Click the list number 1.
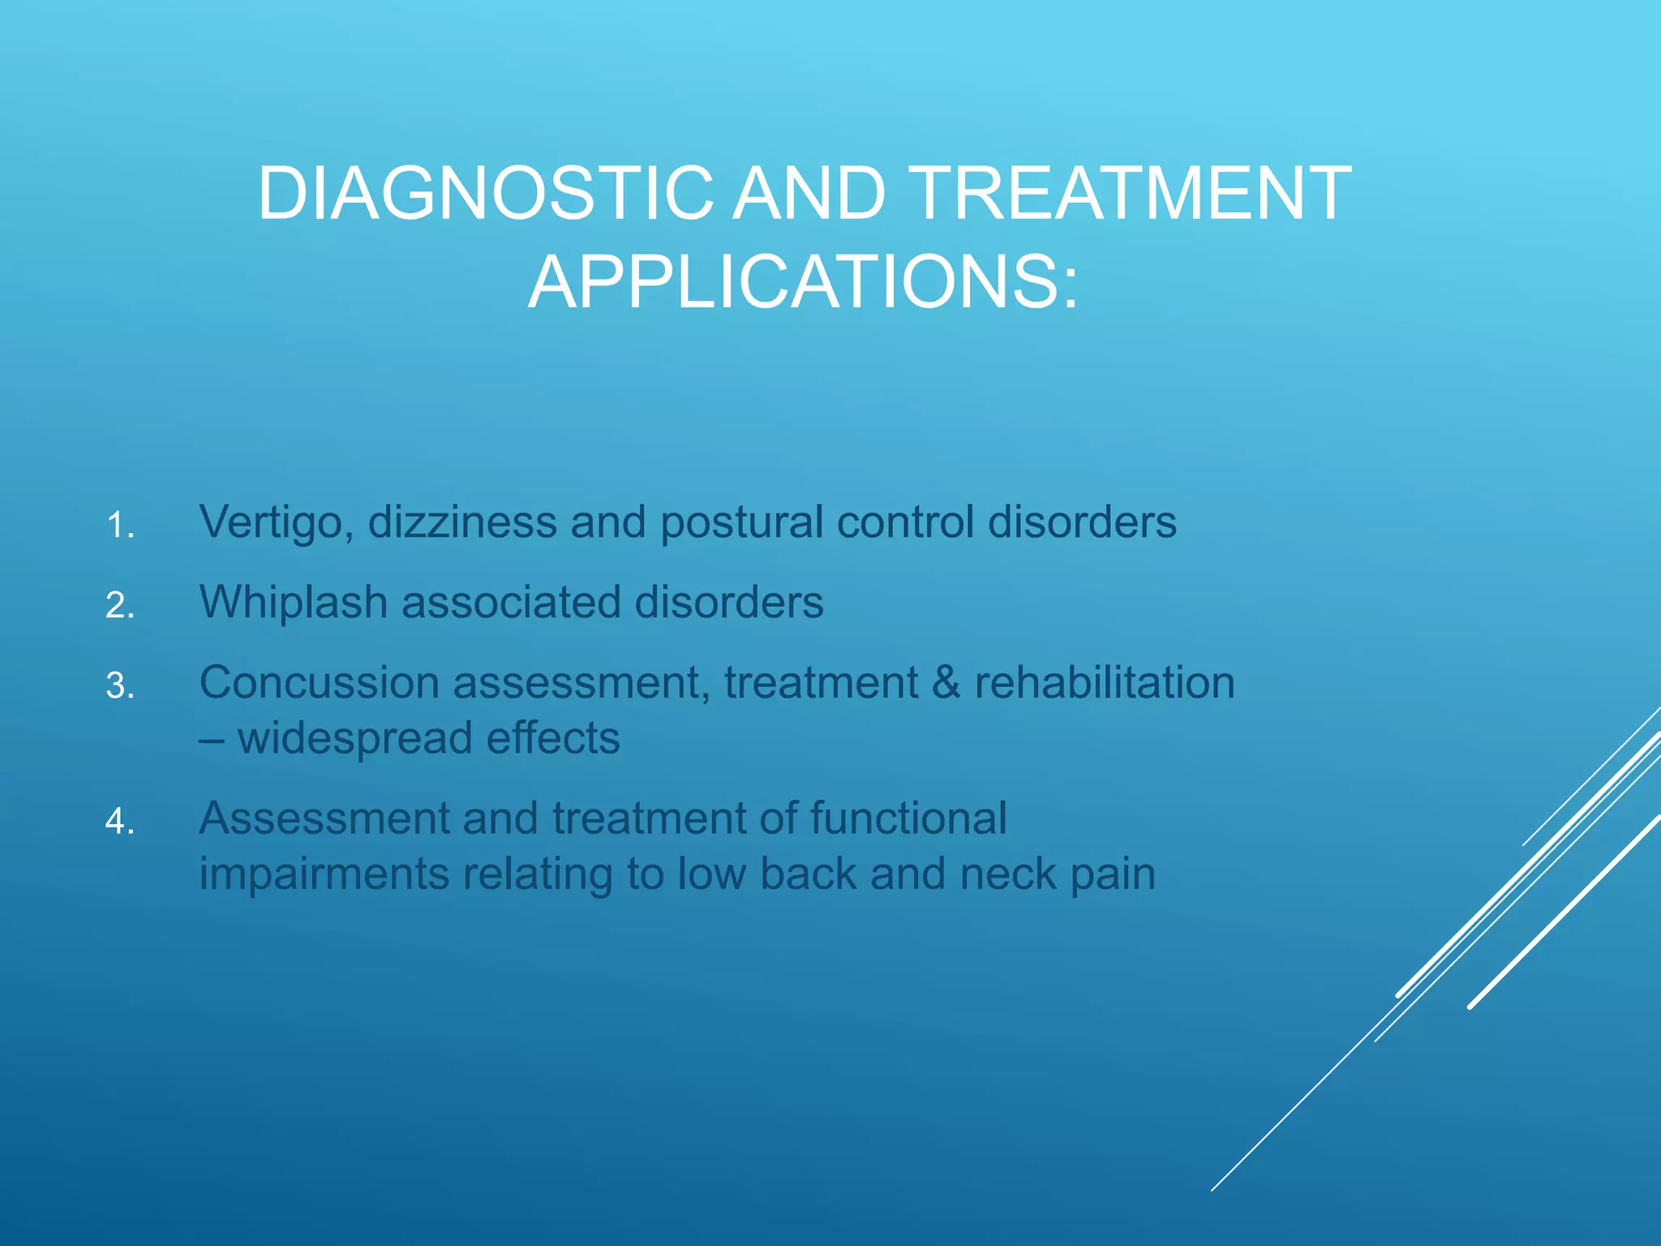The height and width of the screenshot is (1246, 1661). click(x=120, y=526)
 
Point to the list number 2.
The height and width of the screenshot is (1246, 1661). click(x=120, y=606)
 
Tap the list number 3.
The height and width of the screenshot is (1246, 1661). click(x=120, y=686)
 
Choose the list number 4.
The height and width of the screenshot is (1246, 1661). click(x=120, y=822)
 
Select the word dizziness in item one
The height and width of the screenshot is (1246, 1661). click(x=462, y=522)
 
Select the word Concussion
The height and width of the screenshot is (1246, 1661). click(x=319, y=682)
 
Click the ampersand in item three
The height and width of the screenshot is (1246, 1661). click(x=946, y=682)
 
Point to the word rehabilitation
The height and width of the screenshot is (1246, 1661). click(x=1104, y=682)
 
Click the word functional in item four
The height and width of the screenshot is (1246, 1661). click(x=908, y=818)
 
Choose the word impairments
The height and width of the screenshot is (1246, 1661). click(x=324, y=874)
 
